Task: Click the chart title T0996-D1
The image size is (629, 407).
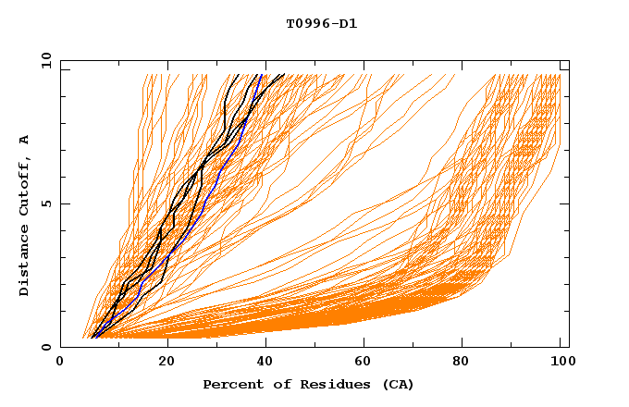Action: [x=322, y=23]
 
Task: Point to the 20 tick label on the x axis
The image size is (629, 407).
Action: [x=167, y=362]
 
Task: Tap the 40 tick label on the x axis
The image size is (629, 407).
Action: [x=267, y=362]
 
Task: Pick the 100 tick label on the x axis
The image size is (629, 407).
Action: [x=561, y=362]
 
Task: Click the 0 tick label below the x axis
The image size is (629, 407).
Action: [x=60, y=362]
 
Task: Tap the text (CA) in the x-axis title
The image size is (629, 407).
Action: [x=399, y=385]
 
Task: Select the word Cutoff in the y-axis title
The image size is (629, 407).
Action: [x=24, y=188]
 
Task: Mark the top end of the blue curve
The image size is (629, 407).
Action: [x=262, y=75]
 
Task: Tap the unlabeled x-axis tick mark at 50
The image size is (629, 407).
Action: [x=314, y=344]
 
